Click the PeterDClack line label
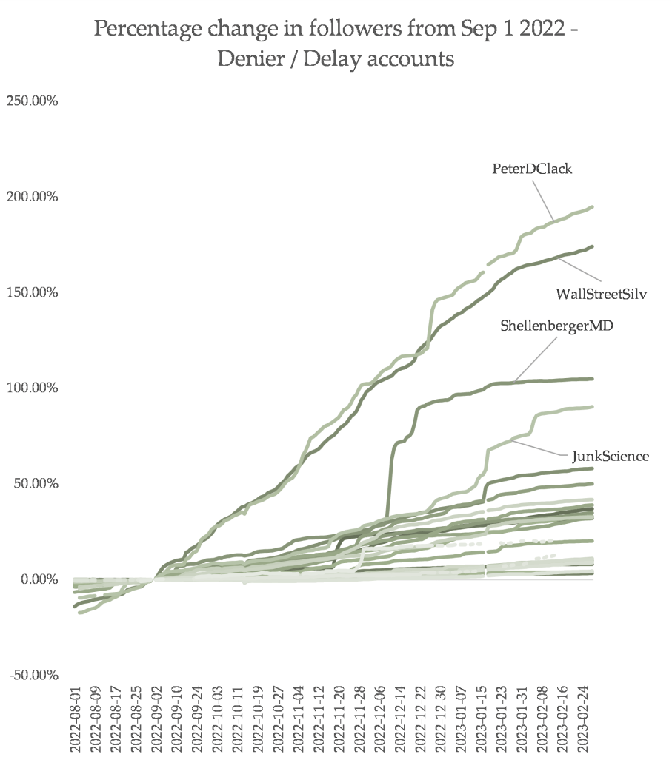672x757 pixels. pos(532,169)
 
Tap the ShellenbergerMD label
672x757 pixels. pos(556,326)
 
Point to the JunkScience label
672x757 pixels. pos(610,456)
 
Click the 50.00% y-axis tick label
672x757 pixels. pos(35,483)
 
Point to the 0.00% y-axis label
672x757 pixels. pos(38,579)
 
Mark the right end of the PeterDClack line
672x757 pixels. pos(591,207)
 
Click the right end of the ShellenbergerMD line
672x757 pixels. pos(591,379)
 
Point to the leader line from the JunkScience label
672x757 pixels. pos(541,448)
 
